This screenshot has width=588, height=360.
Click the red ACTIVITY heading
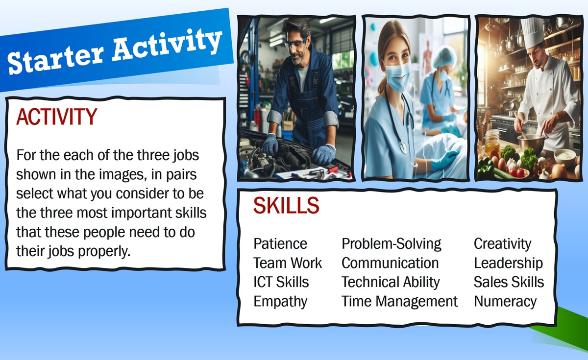[x=56, y=117]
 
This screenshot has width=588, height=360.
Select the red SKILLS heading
[x=286, y=205]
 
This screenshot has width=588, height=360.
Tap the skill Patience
[x=280, y=244]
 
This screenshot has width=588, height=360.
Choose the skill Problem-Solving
[x=392, y=244]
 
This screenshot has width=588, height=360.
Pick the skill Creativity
[x=502, y=244]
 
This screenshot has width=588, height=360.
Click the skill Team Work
[x=288, y=263]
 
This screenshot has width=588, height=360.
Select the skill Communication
[x=390, y=263]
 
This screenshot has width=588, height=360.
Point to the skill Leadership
[x=508, y=263]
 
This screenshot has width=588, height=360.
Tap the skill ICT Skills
[x=281, y=282]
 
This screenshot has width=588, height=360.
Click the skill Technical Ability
[x=391, y=282]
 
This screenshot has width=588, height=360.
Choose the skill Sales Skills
[x=509, y=282]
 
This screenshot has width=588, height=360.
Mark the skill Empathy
[x=280, y=302]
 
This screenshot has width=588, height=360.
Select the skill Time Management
[x=399, y=302]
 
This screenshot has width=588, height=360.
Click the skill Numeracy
[x=505, y=302]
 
